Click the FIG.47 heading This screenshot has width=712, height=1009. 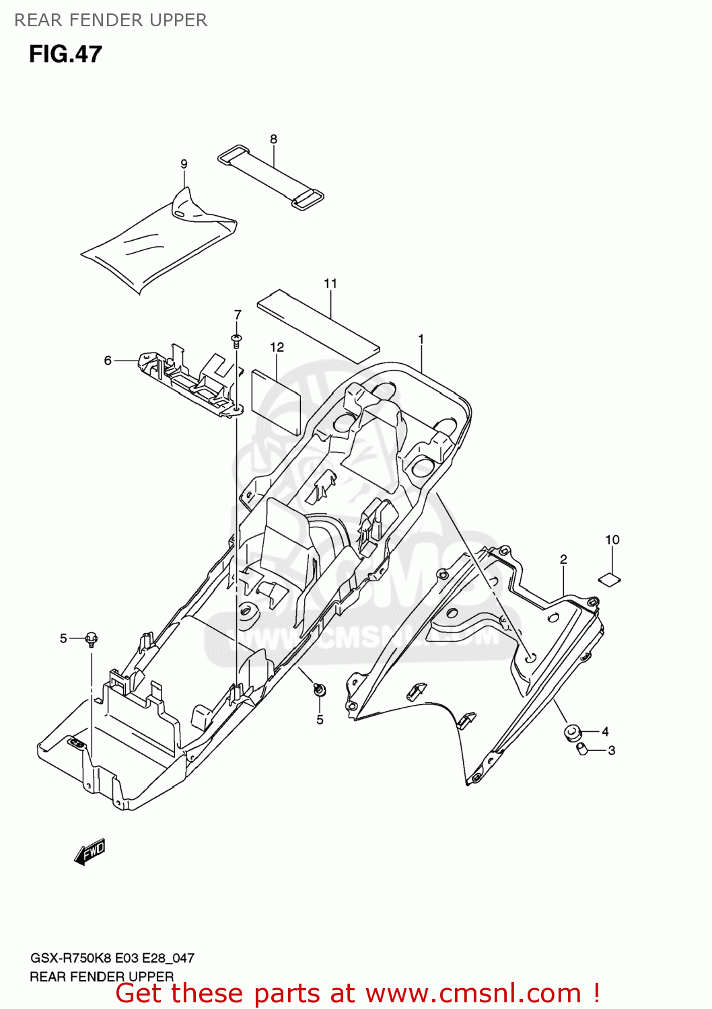coord(65,54)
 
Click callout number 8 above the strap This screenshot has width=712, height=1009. coord(273,139)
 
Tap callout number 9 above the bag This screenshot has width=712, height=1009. coord(184,164)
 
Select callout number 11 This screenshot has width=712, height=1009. coord(330,283)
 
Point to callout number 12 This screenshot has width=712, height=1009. coord(277,347)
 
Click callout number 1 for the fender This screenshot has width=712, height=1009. coord(421,339)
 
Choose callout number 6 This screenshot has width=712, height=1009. coord(108,361)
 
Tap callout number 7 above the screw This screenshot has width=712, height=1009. coord(238,315)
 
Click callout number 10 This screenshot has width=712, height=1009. coord(612,539)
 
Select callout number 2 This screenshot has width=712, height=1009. coord(563,559)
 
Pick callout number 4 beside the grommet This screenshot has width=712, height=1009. coord(605,731)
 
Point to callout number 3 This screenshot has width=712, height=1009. coord(611,750)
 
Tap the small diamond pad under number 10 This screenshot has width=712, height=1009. coord(610,578)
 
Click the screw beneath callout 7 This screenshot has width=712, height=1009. coord(237,340)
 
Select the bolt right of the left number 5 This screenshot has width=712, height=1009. coord(92,638)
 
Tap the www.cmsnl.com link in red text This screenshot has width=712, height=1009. coord(473,993)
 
